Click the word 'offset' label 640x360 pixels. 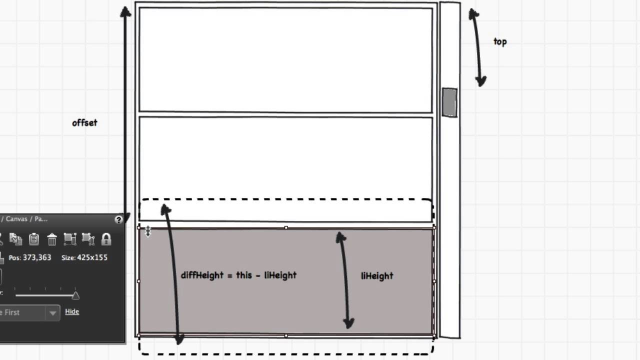[84, 123]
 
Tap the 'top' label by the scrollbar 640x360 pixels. [500, 42]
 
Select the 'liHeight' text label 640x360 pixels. [377, 276]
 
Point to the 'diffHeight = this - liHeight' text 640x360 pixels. [238, 275]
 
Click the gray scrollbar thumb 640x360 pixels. [449, 102]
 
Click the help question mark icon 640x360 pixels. [118, 219]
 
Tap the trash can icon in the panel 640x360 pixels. [52, 239]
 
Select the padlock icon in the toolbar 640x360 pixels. [106, 239]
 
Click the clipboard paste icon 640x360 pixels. [34, 239]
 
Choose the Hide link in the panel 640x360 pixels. [72, 311]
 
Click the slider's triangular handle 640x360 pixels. [75, 295]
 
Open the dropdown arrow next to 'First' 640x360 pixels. [52, 313]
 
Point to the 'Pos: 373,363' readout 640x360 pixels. [30, 257]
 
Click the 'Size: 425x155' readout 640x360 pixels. [84, 257]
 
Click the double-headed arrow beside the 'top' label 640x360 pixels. [477, 47]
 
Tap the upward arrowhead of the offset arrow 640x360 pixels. [125, 11]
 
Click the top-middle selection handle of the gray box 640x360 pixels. [286, 228]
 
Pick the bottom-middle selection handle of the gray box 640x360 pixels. [286, 335]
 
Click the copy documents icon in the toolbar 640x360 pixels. [15, 239]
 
